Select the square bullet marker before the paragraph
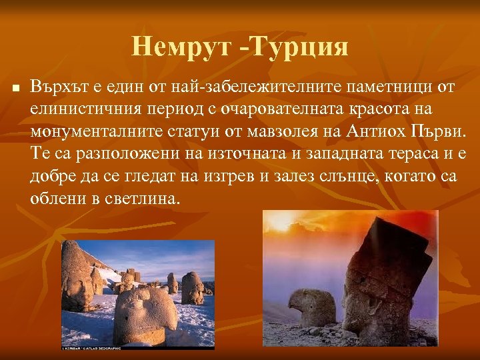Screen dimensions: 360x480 [x=16, y=88]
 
